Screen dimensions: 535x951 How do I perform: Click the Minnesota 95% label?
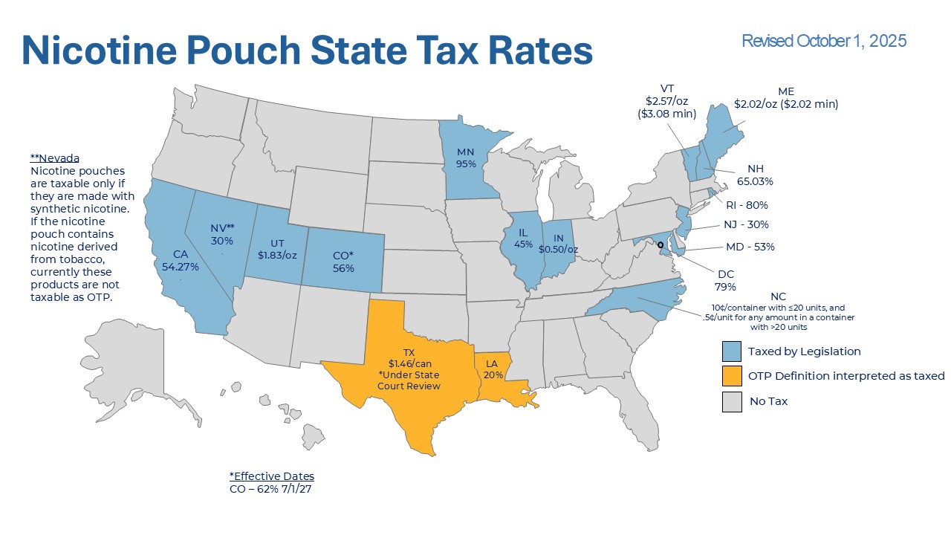pos(466,158)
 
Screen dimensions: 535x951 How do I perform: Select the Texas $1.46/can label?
pos(409,369)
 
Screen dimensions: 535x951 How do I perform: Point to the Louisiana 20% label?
pos(492,369)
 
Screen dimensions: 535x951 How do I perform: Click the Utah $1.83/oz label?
pos(277,250)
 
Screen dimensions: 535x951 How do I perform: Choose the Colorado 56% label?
pos(343,262)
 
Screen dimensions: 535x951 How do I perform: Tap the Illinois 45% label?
pos(524,239)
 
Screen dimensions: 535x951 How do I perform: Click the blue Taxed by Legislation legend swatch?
pos(732,351)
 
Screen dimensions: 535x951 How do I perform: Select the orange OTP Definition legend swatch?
pos(732,376)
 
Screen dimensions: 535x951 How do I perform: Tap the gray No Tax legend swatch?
pos(732,401)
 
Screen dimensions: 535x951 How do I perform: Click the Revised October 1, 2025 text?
pos(824,41)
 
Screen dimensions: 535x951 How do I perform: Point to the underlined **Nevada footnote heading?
pos(55,158)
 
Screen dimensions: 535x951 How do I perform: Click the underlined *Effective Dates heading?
pos(272,476)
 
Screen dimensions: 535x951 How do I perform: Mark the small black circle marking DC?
pos(660,244)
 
